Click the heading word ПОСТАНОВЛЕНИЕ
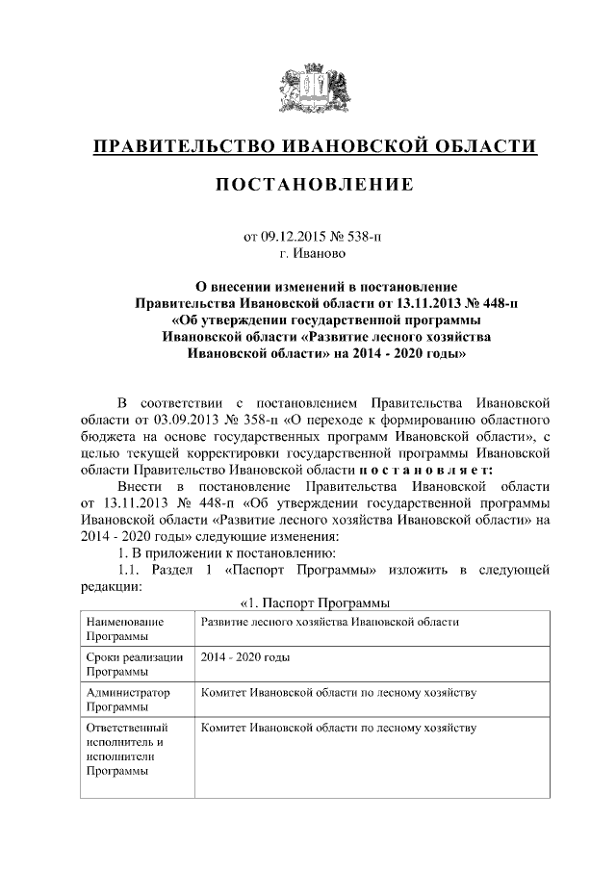point(314,183)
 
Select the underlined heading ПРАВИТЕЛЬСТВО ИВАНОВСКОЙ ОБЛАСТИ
point(314,146)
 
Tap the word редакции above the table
point(111,586)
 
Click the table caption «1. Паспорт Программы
point(314,603)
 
